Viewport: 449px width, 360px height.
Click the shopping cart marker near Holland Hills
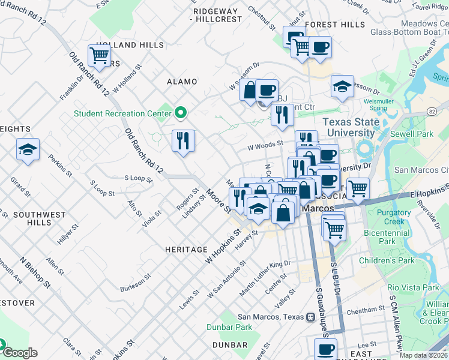[x=98, y=55]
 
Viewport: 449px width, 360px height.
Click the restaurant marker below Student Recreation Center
[x=184, y=140]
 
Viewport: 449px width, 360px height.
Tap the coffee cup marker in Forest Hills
[x=320, y=47]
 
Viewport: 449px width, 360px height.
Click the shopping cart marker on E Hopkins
[x=358, y=188]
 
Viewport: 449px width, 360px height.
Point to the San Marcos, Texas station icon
[x=311, y=317]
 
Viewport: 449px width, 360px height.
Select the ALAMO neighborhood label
[x=182, y=82]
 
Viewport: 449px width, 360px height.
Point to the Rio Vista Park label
[x=413, y=287]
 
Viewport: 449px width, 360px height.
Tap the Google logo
[x=20, y=353]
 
